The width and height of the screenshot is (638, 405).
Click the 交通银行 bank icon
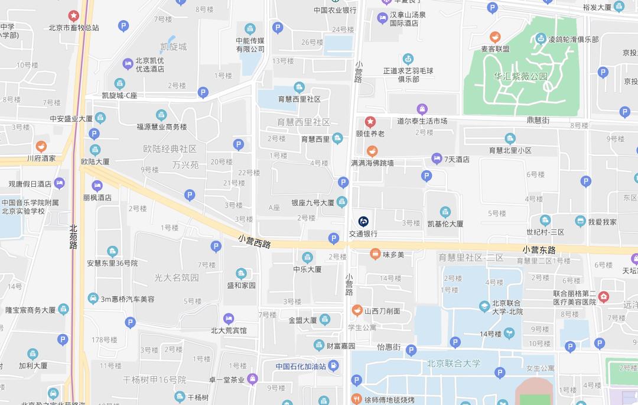click(363, 222)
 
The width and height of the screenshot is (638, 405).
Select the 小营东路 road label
click(539, 250)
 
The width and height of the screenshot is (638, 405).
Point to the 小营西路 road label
click(255, 241)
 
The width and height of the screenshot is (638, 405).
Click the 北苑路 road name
click(73, 236)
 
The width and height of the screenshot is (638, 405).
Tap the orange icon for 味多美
click(375, 254)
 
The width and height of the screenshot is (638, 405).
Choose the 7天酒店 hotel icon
click(437, 158)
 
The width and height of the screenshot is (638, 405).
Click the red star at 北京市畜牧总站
click(74, 16)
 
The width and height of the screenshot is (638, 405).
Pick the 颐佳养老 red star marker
click(370, 122)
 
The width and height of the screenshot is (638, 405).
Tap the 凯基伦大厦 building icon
click(445, 212)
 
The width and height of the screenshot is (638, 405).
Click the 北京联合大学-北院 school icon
click(484, 305)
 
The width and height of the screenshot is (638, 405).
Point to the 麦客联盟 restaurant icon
click(494, 37)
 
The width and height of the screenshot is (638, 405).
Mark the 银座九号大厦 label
click(313, 203)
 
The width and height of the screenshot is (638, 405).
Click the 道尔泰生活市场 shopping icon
click(422, 109)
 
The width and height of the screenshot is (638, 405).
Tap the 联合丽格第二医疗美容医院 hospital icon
click(603, 297)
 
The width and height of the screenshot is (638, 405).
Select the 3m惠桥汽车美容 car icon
click(93, 299)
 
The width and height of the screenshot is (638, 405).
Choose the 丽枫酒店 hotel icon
click(97, 186)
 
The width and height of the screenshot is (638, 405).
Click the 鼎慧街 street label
click(538, 120)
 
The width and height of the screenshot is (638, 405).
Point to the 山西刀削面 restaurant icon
click(357, 310)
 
